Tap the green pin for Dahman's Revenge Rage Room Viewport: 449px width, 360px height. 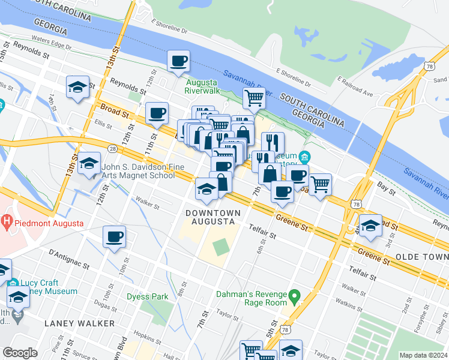tap(294, 296)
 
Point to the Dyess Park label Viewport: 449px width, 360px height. tap(147, 296)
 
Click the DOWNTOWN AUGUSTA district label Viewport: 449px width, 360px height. tap(213, 217)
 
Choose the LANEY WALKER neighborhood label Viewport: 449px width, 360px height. tap(79, 323)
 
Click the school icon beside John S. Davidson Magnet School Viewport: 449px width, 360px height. tap(89, 164)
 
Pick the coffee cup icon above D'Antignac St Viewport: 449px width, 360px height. tap(113, 236)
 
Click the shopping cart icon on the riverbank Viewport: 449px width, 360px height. tap(254, 97)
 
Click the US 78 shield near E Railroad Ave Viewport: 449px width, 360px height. tap(427, 65)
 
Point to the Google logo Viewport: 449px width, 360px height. tap(20, 353)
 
